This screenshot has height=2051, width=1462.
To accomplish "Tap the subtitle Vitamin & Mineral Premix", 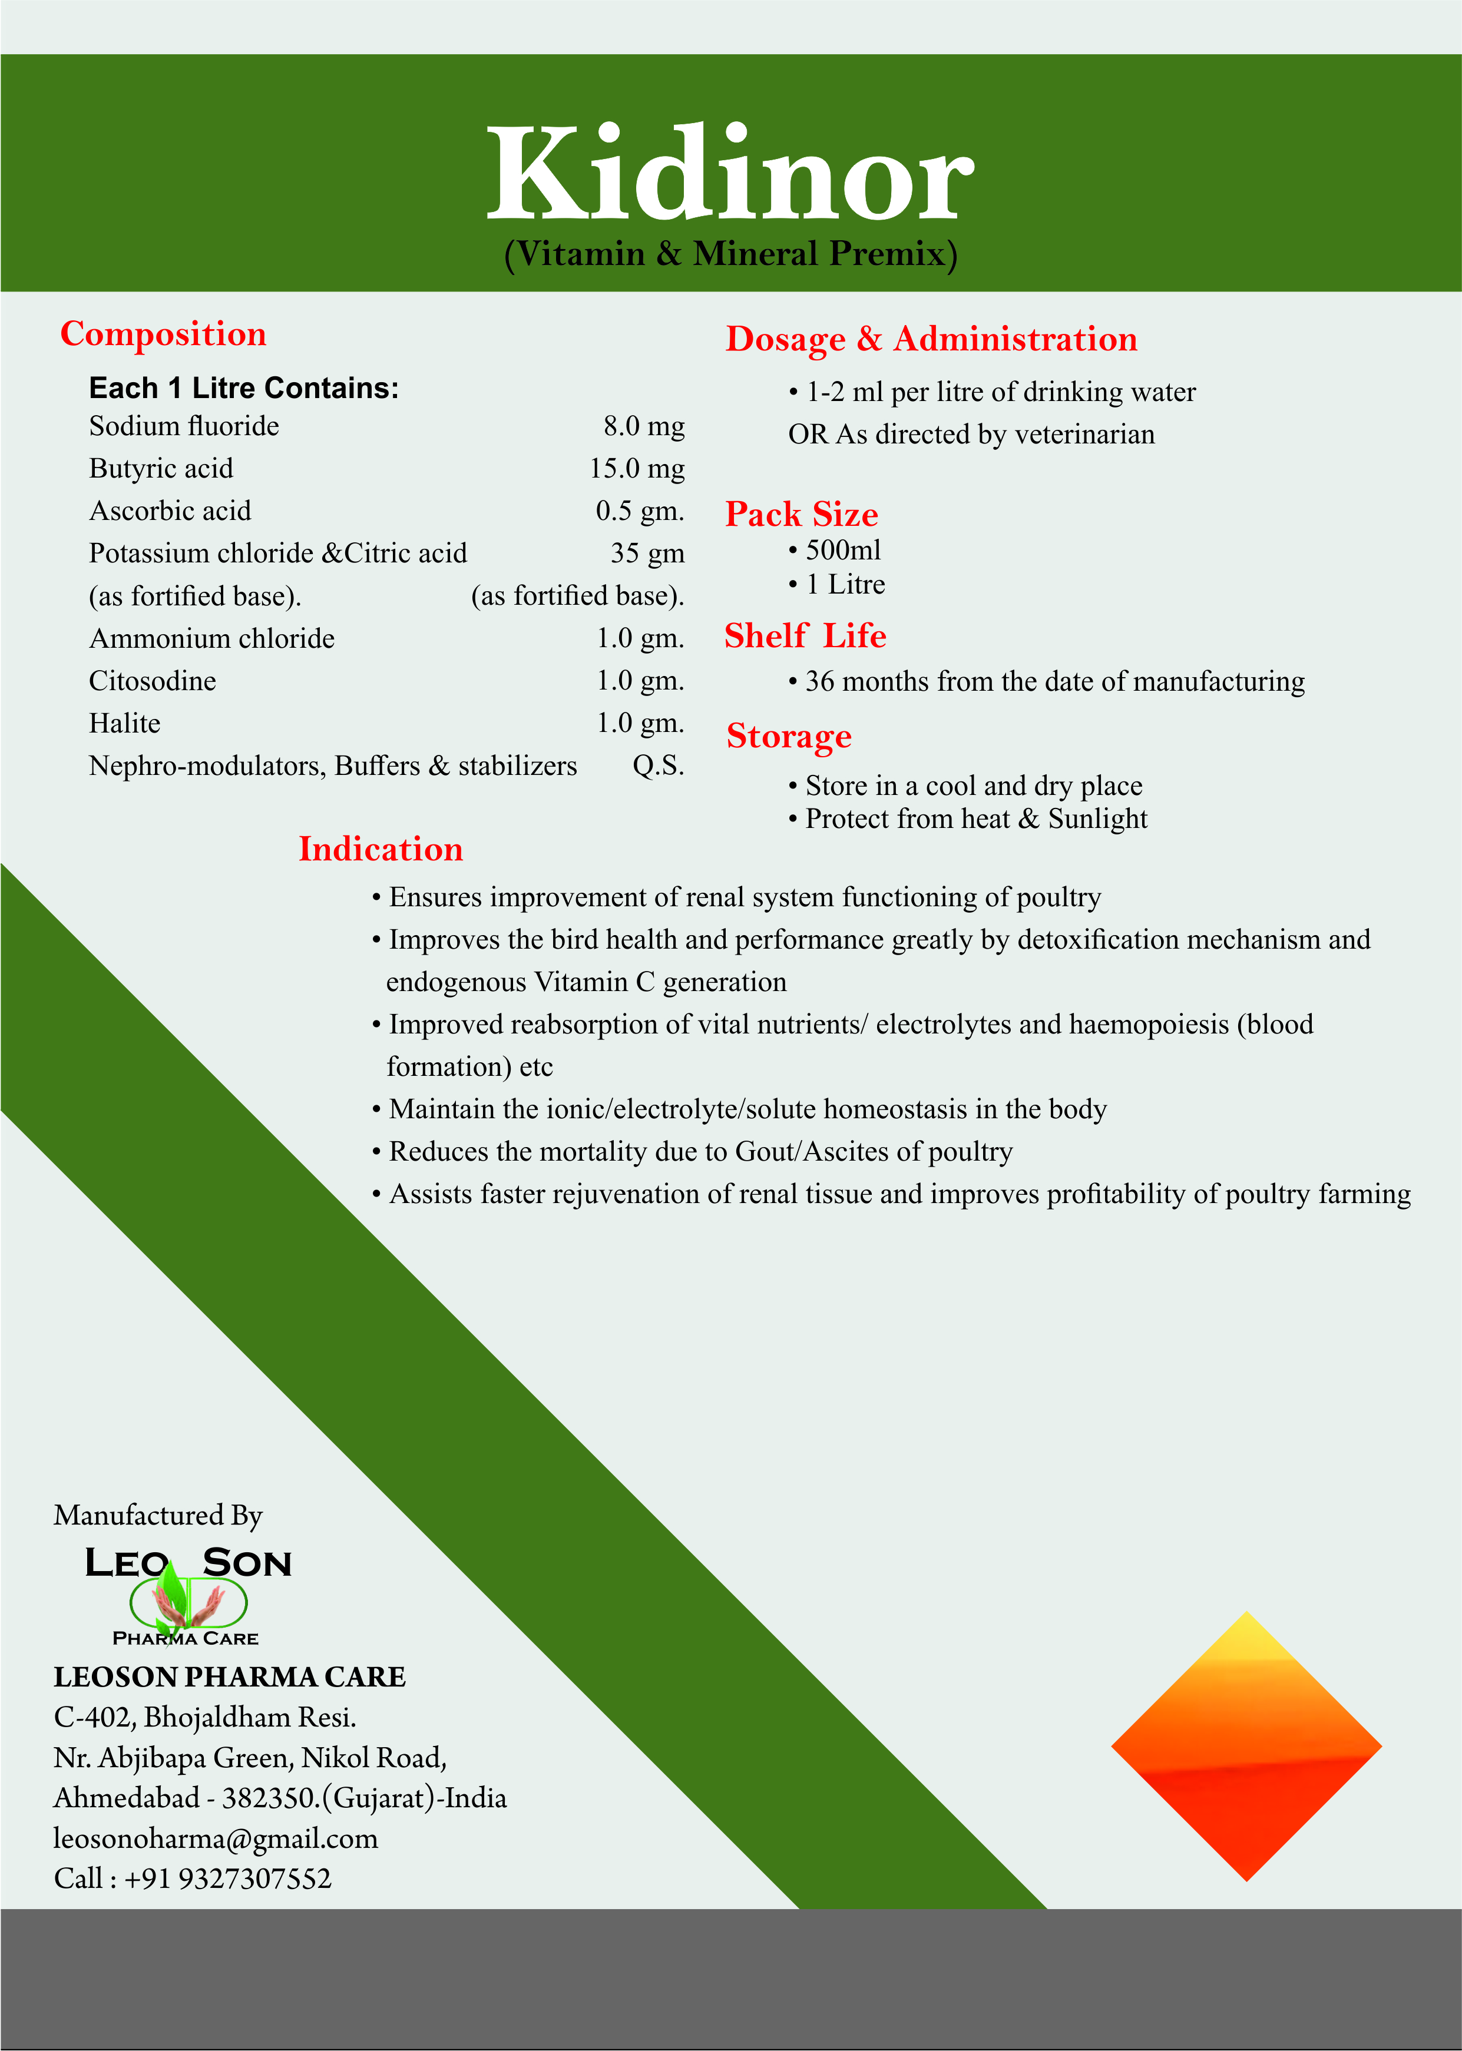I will tap(730, 254).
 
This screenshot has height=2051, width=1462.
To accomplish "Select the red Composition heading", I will tap(163, 334).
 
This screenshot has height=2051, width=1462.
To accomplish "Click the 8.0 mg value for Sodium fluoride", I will tap(644, 426).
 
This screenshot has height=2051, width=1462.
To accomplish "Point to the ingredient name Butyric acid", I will tap(161, 468).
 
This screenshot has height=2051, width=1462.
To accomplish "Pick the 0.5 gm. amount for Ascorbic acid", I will tap(639, 511).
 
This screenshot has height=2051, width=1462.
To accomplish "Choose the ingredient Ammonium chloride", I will tap(211, 638).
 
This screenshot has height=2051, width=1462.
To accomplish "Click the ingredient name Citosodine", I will tap(152, 680).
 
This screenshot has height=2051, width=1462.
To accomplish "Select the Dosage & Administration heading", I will tap(931, 339).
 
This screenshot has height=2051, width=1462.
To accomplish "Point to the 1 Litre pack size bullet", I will tap(845, 584).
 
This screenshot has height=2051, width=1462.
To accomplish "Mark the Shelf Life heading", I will tap(805, 635).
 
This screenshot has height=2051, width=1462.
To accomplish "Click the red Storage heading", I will tap(789, 736).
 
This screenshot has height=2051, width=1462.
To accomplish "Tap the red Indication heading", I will tap(381, 849).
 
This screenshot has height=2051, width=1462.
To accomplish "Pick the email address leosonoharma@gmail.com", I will tap(216, 1838).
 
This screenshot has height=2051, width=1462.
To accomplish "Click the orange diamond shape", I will tap(1246, 1746).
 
